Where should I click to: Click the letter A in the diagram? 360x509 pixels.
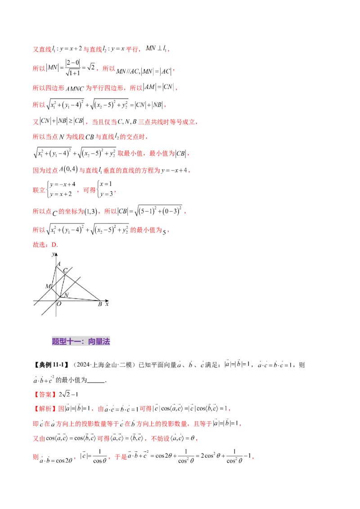59,264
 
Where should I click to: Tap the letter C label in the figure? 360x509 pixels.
65,270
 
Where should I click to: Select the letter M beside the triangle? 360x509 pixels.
48,286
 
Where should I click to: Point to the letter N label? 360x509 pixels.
66,295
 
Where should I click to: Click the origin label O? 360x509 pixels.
59,304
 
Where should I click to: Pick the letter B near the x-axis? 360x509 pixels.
99,304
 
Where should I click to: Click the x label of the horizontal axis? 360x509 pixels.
107,304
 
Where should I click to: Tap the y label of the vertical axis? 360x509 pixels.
53,254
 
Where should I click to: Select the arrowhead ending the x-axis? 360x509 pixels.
107,300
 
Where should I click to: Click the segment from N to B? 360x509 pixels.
81,298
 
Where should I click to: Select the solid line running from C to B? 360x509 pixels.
83,287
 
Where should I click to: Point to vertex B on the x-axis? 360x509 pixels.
100,300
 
